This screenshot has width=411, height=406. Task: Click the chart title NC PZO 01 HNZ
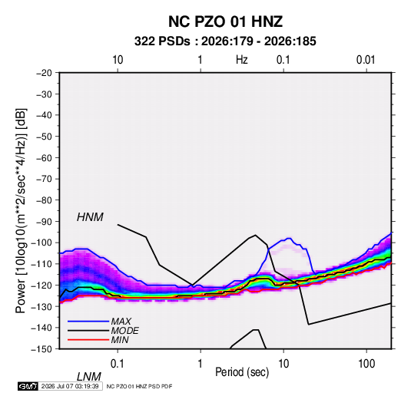click(x=225, y=21)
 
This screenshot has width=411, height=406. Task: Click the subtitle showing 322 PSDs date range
click(x=225, y=41)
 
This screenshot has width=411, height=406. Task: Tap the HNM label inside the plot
click(x=90, y=217)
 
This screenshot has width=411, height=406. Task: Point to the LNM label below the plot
click(x=89, y=377)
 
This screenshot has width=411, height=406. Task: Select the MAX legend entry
click(x=121, y=322)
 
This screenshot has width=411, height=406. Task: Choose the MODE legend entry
click(x=124, y=331)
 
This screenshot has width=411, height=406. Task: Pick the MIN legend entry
click(x=120, y=340)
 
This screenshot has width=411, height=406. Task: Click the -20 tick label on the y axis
click(x=44, y=73)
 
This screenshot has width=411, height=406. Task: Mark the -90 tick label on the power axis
click(x=44, y=222)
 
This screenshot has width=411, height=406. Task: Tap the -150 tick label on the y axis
click(x=41, y=349)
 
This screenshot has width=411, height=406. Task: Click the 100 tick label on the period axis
click(x=366, y=364)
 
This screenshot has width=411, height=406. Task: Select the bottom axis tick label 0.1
click(x=118, y=364)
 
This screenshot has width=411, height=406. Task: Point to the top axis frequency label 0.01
click(x=366, y=60)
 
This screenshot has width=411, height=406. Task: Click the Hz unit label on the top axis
click(x=242, y=60)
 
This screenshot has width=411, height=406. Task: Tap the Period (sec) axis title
click(x=242, y=372)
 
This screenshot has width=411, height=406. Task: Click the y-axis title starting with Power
click(x=21, y=210)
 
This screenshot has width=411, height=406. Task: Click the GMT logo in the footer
click(x=28, y=386)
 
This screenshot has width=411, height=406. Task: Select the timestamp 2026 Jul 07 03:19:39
click(x=70, y=386)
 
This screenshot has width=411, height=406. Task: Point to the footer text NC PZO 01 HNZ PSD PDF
click(x=140, y=386)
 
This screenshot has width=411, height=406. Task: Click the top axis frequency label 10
click(x=118, y=60)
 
